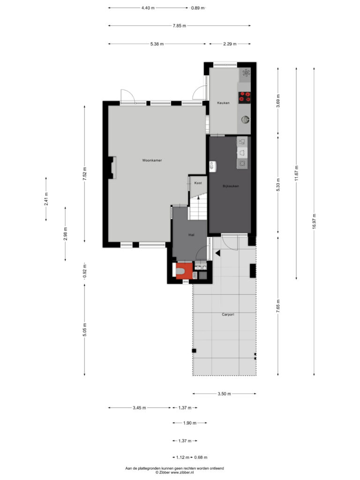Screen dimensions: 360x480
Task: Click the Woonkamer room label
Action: pyautogui.click(x=152, y=160)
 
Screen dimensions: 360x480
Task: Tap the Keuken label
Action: pyautogui.click(x=223, y=103)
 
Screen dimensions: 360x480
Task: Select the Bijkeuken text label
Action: pyautogui.click(x=231, y=186)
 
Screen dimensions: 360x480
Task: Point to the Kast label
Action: pyautogui.click(x=198, y=183)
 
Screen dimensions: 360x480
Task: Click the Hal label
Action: pyautogui.click(x=191, y=235)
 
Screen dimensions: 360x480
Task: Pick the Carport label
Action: pyautogui.click(x=228, y=315)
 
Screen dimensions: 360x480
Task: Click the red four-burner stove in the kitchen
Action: pyautogui.click(x=245, y=97)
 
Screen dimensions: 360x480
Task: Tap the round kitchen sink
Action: pyautogui.click(x=245, y=120)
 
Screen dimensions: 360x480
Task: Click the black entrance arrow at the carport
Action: pyautogui.click(x=217, y=253)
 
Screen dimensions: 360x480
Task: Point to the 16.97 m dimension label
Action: pyautogui.click(x=314, y=222)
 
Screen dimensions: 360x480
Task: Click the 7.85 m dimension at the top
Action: pyautogui.click(x=180, y=26)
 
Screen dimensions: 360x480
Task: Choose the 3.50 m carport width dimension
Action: pyautogui.click(x=225, y=394)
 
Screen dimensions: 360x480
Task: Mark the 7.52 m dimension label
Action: pyautogui.click(x=85, y=173)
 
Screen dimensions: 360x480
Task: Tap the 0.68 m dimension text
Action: pyautogui.click(x=201, y=457)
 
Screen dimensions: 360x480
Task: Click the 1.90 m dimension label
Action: pyautogui.click(x=190, y=423)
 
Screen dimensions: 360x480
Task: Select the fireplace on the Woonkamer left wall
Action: pyautogui.click(x=111, y=167)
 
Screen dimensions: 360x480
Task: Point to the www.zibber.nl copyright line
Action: pyautogui.click(x=174, y=472)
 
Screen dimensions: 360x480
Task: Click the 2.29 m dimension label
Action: pyautogui.click(x=230, y=44)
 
